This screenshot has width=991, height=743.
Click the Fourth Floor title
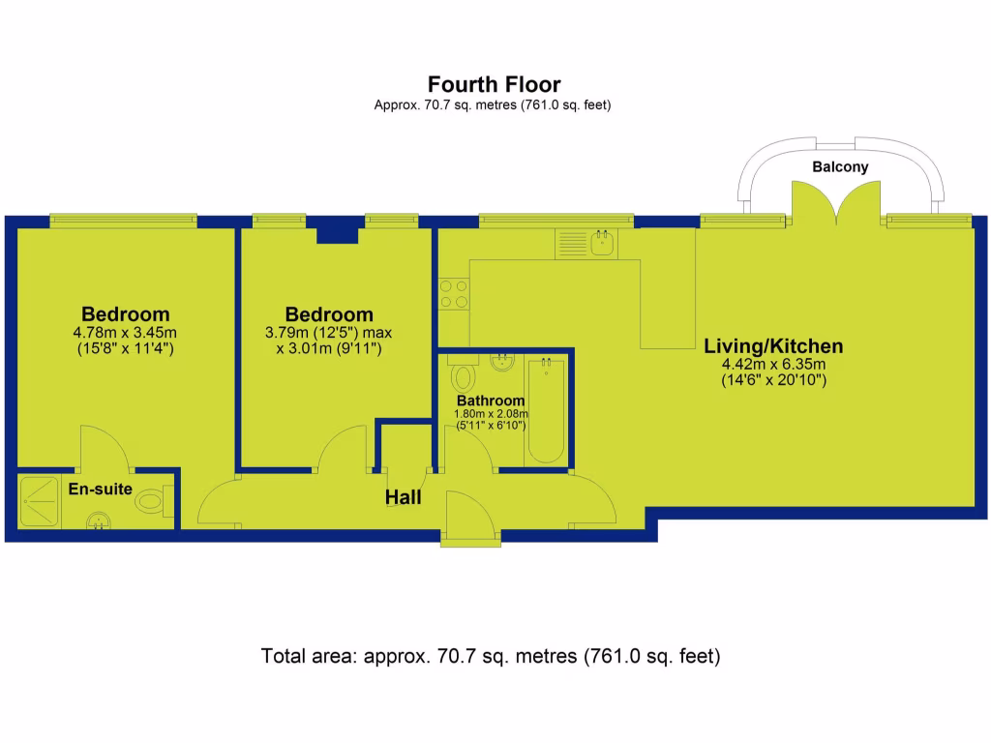point(494,85)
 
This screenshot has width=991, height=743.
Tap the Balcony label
point(840,166)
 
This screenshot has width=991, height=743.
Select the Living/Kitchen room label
point(773,345)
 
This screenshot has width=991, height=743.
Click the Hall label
point(403,497)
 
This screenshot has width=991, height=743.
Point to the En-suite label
point(100,489)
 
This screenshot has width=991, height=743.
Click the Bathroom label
point(491,401)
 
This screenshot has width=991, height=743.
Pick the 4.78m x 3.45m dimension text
point(125,332)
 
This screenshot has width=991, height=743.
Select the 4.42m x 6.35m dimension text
point(772,364)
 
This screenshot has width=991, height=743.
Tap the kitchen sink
point(601,243)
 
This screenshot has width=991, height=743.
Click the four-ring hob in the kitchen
point(453,293)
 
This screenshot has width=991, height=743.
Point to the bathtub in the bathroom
point(547,411)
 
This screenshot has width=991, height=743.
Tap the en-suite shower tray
point(39,500)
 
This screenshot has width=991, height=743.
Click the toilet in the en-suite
point(153,501)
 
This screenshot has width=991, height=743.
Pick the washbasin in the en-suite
point(101,522)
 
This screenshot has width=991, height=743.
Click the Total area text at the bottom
point(491,656)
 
